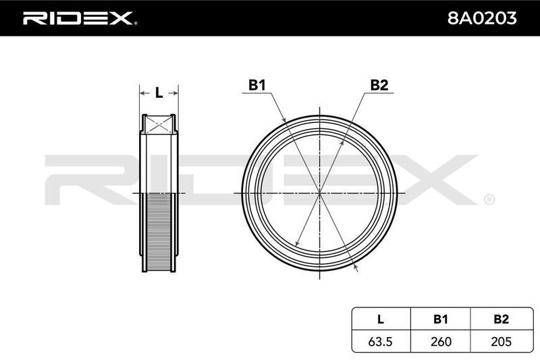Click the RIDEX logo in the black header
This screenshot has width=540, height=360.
[80, 18]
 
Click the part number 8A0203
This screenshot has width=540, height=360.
[482, 18]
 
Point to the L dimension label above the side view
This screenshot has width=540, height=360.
[159, 93]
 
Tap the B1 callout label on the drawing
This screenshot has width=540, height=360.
[257, 84]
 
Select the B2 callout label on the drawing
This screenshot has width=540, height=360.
[379, 84]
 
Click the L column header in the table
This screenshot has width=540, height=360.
[381, 319]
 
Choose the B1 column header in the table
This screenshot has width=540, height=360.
[441, 319]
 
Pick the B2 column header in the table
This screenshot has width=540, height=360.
[501, 319]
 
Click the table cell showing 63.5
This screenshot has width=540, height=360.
[381, 341]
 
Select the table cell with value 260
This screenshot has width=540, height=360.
[441, 341]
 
